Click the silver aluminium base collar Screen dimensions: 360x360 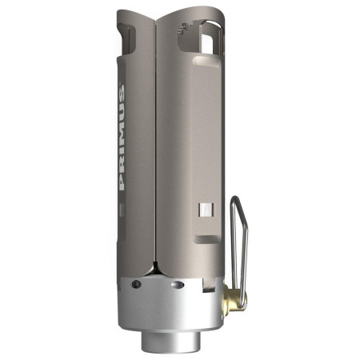click(170, 308)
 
